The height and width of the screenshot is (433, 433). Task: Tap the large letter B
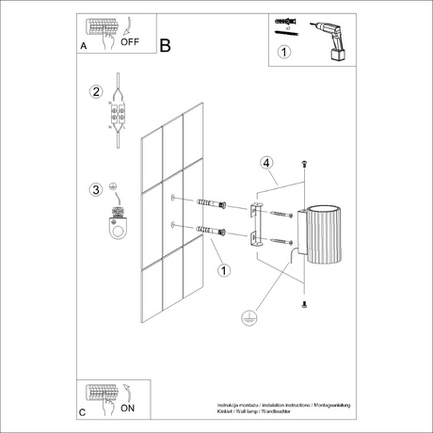166,43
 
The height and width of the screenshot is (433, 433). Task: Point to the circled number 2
95,92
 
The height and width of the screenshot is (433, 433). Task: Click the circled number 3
95,191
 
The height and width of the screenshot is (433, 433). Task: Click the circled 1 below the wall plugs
224,271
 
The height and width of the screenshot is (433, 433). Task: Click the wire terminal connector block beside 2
119,114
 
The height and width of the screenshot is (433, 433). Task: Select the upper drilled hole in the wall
174,198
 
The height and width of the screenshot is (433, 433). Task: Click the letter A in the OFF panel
84,45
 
